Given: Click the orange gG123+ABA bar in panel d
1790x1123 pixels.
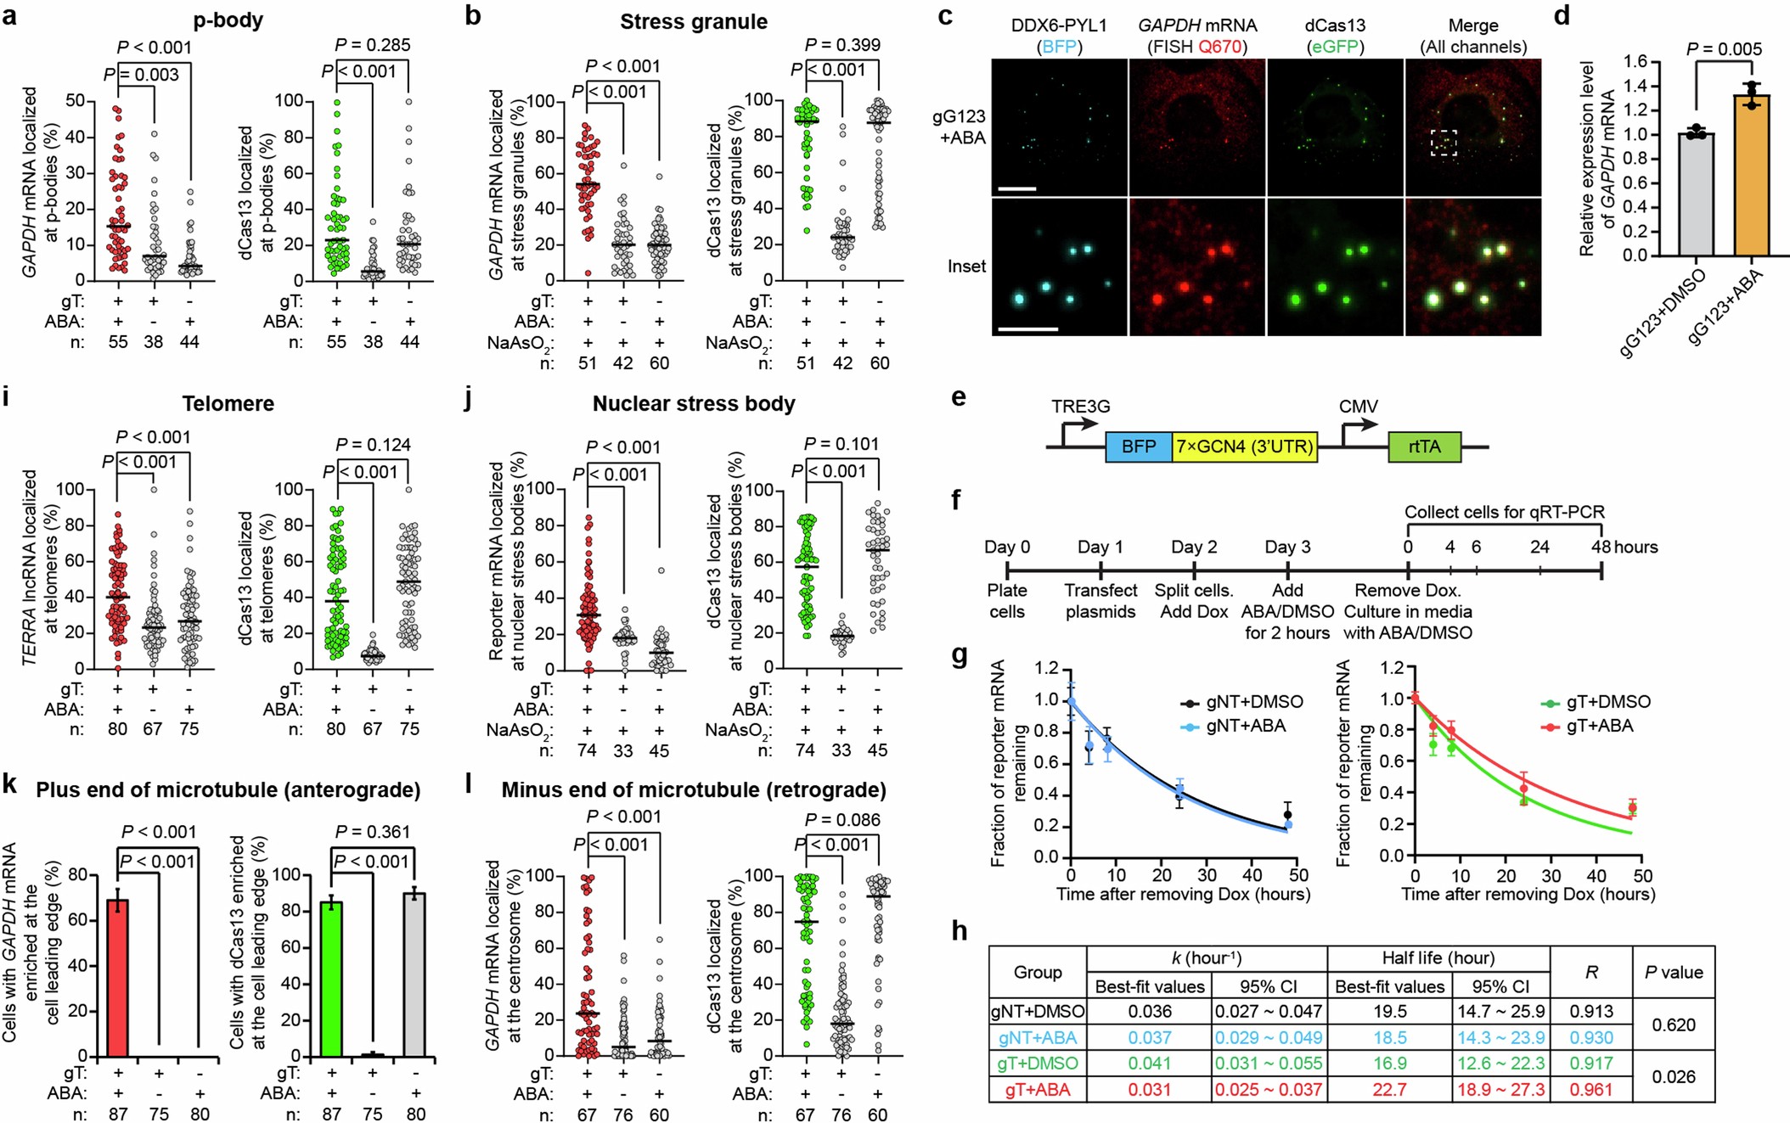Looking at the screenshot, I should click(x=1751, y=178).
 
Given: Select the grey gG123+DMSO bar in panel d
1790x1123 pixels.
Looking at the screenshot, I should click(x=1696, y=195).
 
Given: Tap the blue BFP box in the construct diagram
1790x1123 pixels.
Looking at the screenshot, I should click(x=1138, y=446).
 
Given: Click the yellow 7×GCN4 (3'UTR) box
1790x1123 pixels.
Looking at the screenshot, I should click(x=1244, y=446).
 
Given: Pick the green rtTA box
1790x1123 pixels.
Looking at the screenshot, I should click(x=1424, y=446).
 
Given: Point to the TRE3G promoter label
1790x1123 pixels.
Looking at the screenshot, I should click(x=1080, y=407).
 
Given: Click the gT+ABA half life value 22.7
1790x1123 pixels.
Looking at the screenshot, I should click(x=1389, y=1089).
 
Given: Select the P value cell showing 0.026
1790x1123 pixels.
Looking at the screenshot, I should click(x=1673, y=1076).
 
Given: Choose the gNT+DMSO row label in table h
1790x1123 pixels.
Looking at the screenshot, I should click(x=1038, y=1011).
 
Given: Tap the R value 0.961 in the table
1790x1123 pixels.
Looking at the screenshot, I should click(x=1591, y=1089).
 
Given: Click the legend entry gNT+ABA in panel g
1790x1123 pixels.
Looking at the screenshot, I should click(x=1245, y=726).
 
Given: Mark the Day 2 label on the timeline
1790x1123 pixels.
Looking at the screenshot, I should click(x=1194, y=547).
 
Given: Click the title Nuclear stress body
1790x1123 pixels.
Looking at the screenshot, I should click(x=694, y=403).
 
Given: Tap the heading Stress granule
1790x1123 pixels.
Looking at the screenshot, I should click(x=693, y=21).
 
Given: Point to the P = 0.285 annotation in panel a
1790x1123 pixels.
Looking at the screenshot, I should click(x=372, y=44).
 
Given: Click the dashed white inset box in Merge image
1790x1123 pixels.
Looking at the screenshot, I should click(x=1443, y=143).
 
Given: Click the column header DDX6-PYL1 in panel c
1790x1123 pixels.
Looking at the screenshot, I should click(x=1059, y=25).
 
